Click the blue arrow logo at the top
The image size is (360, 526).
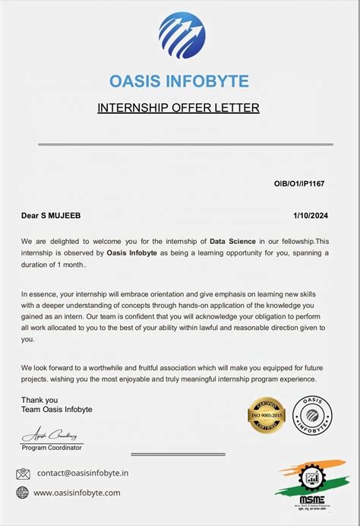[x=182, y=36]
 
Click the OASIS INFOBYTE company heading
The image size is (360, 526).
[x=179, y=81]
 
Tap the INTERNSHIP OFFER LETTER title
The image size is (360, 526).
[x=178, y=108]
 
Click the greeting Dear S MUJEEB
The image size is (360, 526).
[x=52, y=216]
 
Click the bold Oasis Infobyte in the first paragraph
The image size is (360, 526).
[x=132, y=252]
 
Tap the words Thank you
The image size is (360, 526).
[x=39, y=400]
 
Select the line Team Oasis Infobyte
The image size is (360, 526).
[x=57, y=410]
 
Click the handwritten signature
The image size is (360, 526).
[x=51, y=436]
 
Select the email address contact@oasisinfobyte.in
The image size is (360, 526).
[x=83, y=472]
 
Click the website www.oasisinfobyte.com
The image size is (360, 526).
[x=77, y=493]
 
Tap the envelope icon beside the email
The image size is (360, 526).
[x=23, y=473]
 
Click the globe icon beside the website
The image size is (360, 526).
[x=23, y=493]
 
